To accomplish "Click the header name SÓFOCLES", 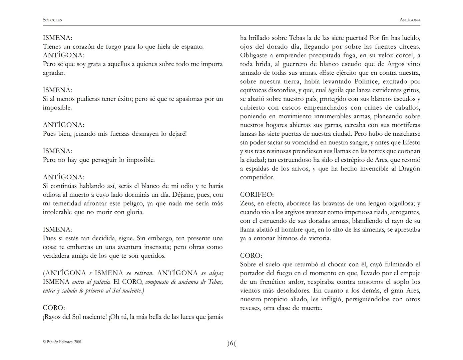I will tap(52, 20).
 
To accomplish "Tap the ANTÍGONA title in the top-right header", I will tap(410, 20).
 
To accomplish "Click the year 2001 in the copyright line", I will tap(77, 342).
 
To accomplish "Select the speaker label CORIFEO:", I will tap(257, 195).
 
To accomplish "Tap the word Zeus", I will tap(247, 203).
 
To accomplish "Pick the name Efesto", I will tap(411, 142).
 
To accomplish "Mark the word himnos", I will tap(289, 238).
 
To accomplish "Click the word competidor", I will tap(257, 177).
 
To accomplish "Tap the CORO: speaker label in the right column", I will tap(251, 256).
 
